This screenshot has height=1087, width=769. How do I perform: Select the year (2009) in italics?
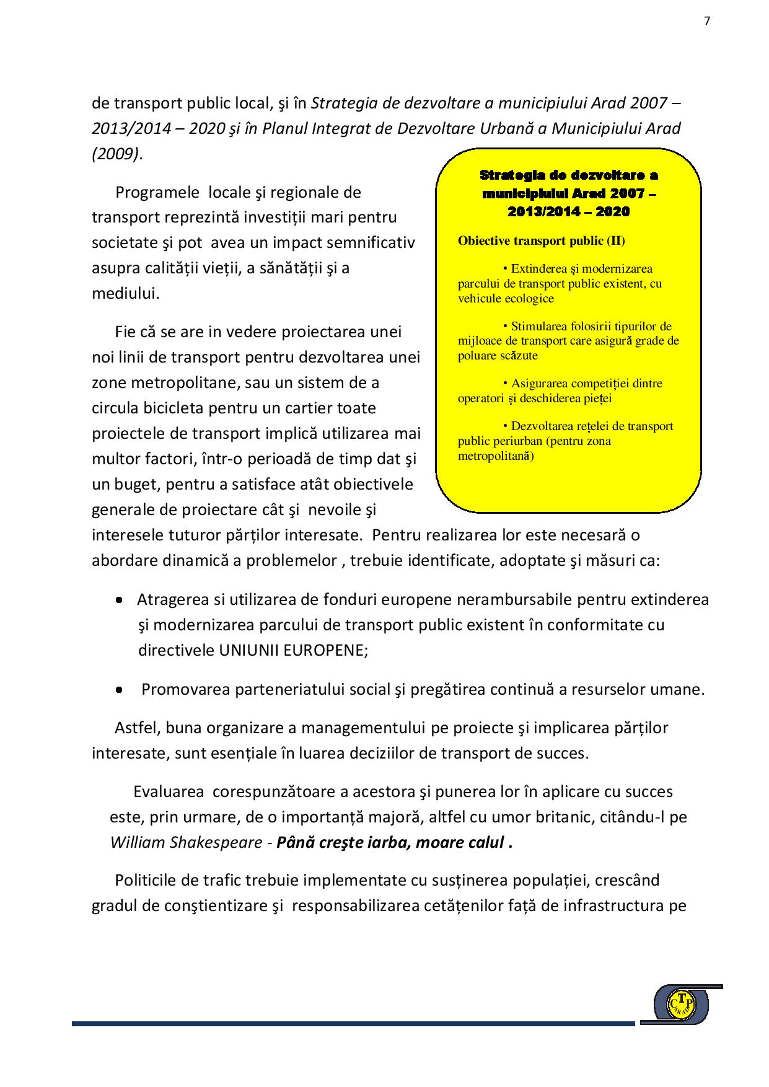click(116, 154)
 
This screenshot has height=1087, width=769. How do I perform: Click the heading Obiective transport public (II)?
click(541, 241)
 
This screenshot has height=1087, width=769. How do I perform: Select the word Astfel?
click(136, 728)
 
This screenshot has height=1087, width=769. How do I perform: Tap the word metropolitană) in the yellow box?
click(496, 456)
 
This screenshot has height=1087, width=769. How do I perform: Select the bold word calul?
click(483, 842)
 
